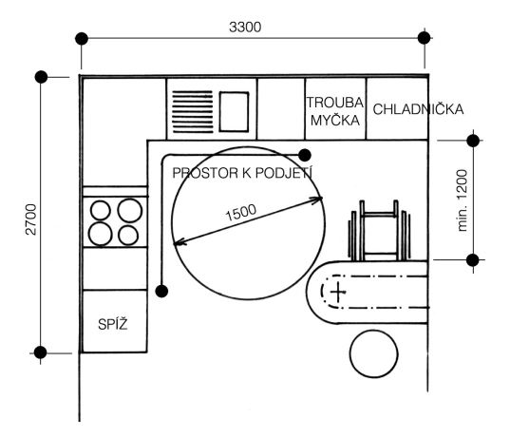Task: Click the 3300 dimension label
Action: pos(245,27)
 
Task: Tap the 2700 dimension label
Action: pos(31,219)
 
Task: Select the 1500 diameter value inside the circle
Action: pos(240,213)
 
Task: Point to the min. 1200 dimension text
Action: pos(462,200)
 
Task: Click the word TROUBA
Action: pos(335,103)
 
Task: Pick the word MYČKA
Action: pos(335,120)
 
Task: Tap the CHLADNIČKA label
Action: pos(418,109)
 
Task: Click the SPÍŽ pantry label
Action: pos(113,324)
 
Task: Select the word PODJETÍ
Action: pos(284,173)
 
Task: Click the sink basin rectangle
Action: pos(234,111)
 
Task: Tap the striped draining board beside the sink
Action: pos(193,111)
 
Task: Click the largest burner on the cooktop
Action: pos(130,211)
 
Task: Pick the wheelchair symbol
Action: pos(379,230)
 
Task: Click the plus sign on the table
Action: pos(338,292)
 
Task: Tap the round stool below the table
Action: pos(374,353)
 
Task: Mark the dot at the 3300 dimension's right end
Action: pos(424,38)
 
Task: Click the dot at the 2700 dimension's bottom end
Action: pos(40,352)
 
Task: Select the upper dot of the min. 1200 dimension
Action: pos(473,141)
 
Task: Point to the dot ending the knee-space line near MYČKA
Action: pos(305,155)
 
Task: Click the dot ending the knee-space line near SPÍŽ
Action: pos(161,291)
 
